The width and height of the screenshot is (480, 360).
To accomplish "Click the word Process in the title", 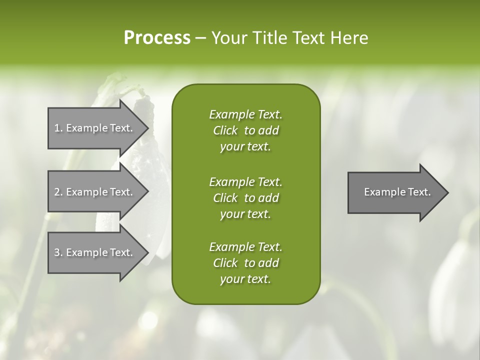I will tap(157, 38).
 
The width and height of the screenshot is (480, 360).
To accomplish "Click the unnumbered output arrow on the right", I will tap(395, 192).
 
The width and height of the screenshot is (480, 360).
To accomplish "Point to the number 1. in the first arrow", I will tap(58, 128).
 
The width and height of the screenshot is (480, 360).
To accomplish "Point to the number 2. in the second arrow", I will tap(58, 192).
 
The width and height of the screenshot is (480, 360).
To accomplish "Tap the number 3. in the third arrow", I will tap(58, 252).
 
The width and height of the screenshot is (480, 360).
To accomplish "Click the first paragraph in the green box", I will tap(245, 130).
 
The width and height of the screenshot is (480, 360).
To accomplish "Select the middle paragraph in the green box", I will tap(245, 197).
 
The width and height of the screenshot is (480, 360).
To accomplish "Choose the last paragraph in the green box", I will tap(245, 263).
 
